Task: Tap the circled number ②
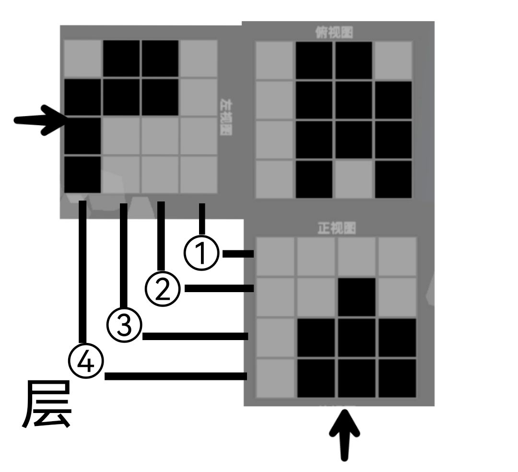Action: coord(163,289)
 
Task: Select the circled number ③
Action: coord(124,326)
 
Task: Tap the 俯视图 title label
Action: coord(334,33)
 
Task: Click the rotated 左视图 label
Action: coord(224,117)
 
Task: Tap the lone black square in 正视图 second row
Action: coord(356,296)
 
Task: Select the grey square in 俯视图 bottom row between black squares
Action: coord(353,179)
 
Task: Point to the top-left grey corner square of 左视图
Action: coord(82,58)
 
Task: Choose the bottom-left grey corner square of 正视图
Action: coord(275,378)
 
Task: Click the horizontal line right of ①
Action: coord(238,254)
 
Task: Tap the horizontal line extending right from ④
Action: coord(176,376)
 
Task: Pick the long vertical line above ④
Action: coord(83,273)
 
